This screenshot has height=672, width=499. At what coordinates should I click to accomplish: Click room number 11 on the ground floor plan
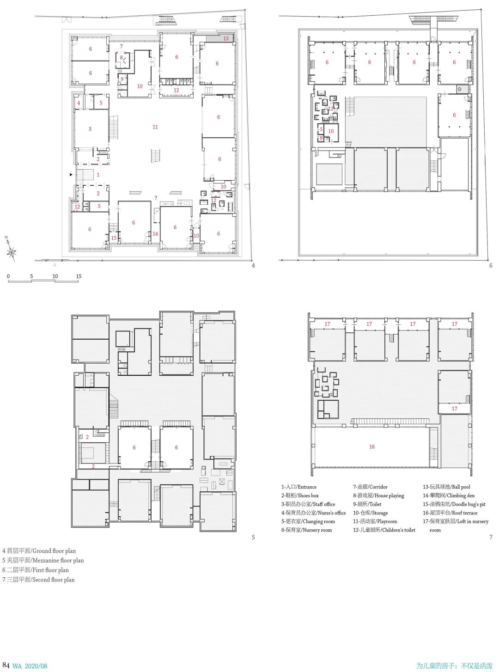coord(155,127)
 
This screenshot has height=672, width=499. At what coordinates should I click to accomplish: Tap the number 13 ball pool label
coord(226,39)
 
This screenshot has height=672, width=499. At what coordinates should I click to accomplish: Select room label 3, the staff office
coord(90,129)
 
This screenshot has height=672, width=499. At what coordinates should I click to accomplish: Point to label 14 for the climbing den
coord(155,234)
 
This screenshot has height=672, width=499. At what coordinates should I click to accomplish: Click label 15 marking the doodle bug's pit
coord(114,238)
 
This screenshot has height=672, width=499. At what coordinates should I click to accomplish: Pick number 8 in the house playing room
coord(122,58)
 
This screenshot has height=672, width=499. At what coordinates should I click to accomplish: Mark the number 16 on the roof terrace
coord(372,447)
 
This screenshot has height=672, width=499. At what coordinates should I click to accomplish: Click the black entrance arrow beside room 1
coord(71,175)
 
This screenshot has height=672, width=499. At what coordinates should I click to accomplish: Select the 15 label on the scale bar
coord(79,276)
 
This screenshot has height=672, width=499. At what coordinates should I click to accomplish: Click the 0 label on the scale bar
coord(8,276)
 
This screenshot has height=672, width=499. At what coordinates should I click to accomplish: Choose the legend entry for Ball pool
coord(446,487)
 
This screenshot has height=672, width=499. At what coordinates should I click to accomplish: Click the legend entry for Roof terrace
coord(450,513)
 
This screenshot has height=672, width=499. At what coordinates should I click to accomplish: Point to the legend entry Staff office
coord(308,504)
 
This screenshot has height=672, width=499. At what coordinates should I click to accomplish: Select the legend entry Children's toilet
coord(384,530)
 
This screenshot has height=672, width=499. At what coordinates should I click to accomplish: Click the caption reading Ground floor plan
coord(39,551)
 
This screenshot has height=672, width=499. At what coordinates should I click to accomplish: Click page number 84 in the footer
coord(6,666)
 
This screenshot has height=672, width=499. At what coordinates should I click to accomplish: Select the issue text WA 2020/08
coord(30,666)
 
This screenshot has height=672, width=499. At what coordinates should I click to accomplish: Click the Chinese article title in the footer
coord(454,666)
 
